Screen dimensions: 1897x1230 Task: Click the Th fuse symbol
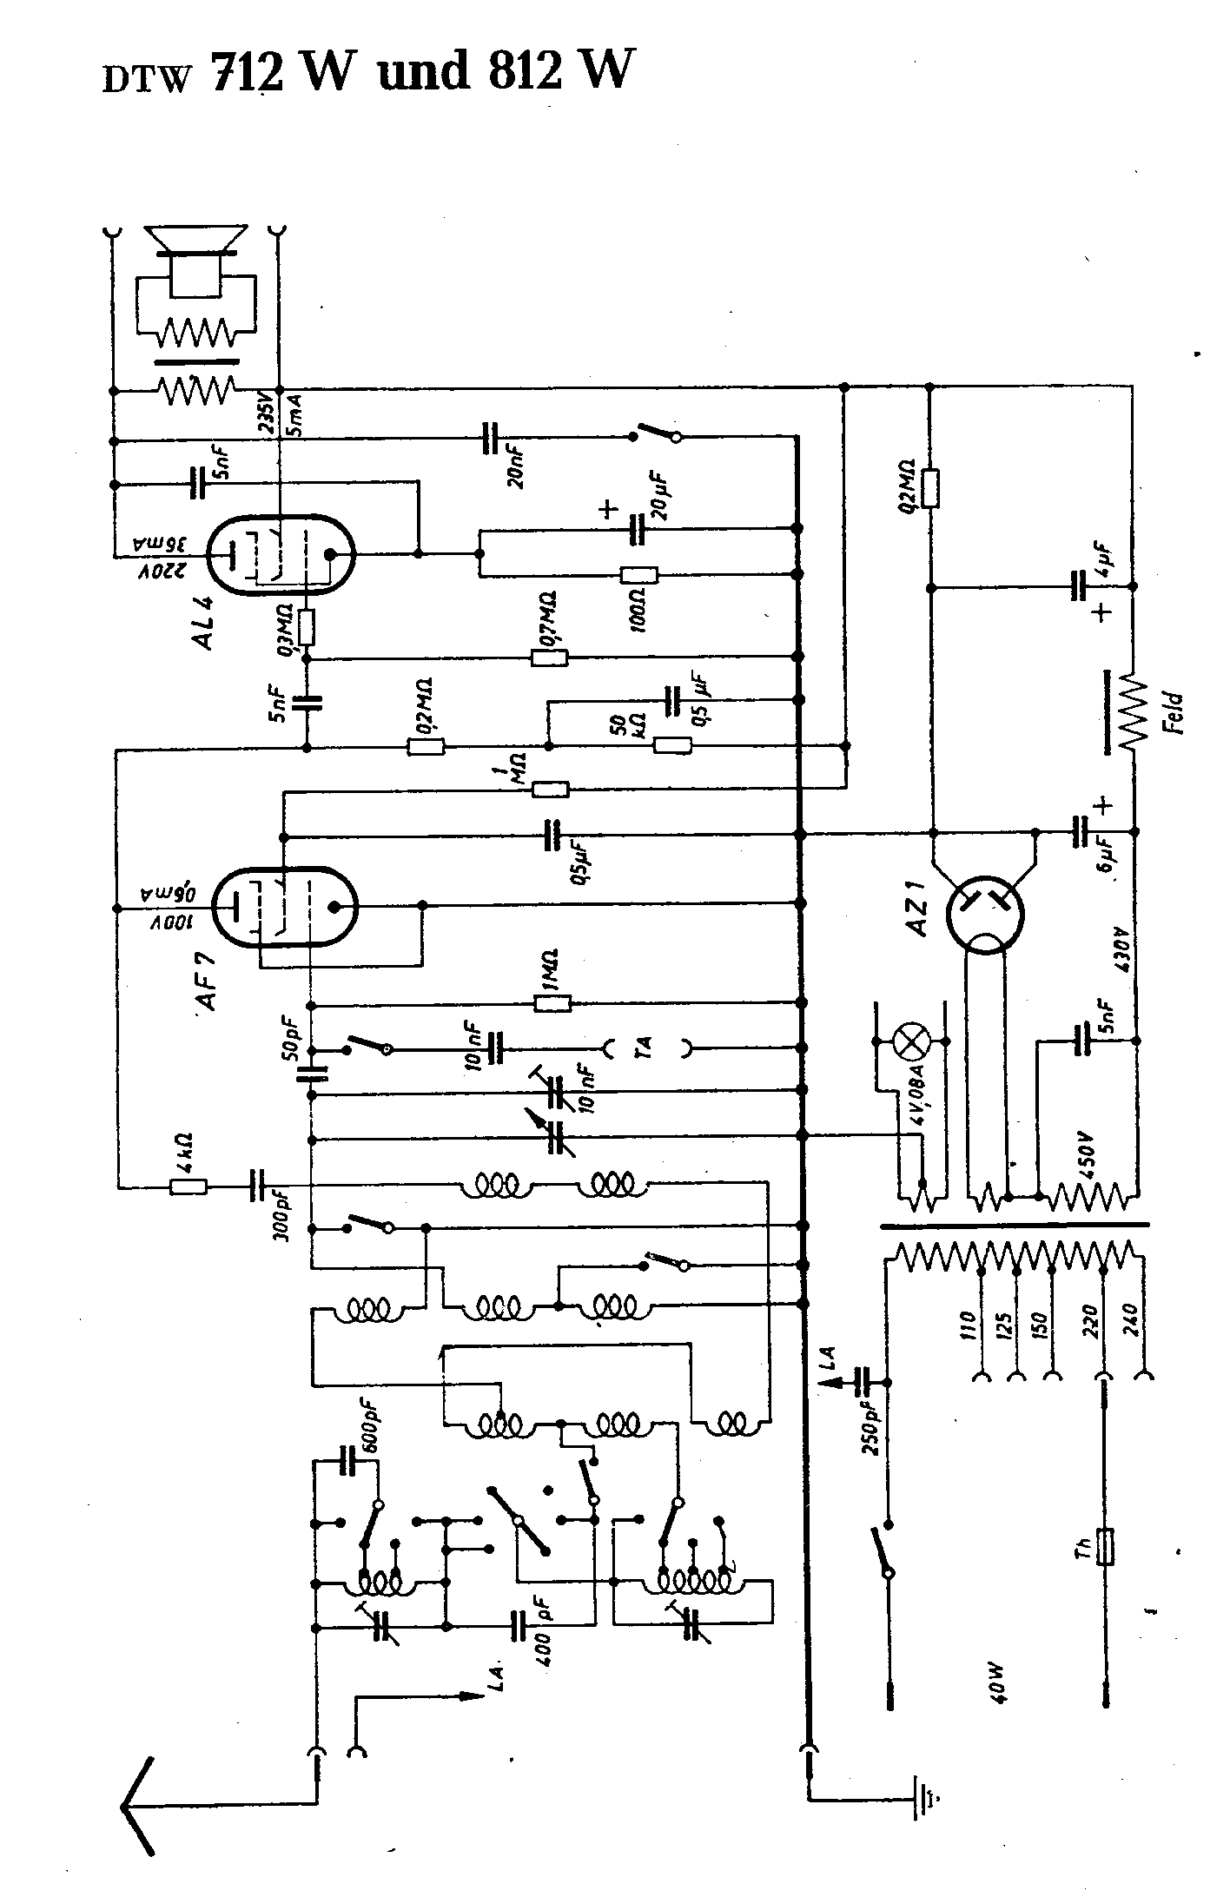(x=1106, y=1545)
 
